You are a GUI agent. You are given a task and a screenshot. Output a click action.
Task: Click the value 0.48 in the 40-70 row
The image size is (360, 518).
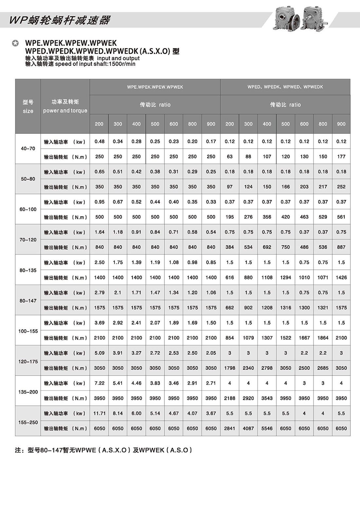[99, 141]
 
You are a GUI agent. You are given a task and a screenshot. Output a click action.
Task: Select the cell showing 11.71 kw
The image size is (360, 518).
[99, 413]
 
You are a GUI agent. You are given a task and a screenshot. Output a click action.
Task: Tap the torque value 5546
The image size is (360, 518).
[267, 428]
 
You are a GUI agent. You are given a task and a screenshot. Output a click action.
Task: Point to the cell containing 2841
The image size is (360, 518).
[229, 428]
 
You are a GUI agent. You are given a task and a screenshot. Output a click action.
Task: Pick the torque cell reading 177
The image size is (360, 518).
[341, 156]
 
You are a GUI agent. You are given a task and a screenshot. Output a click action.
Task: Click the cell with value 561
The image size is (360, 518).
[341, 217]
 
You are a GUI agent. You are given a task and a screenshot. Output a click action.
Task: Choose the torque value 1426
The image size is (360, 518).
[341, 277]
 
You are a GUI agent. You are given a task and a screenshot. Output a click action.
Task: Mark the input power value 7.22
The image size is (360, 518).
[99, 383]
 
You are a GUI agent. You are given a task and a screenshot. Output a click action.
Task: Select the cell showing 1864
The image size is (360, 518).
[323, 338]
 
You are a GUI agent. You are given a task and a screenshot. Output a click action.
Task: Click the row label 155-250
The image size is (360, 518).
[28, 422]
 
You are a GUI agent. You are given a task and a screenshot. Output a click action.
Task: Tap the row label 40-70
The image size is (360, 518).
[28, 149]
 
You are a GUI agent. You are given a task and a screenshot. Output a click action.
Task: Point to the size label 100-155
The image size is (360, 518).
[28, 331]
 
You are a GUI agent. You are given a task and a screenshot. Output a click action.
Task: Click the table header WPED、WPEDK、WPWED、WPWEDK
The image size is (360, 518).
[285, 87]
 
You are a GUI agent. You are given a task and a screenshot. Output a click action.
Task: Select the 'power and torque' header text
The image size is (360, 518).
[65, 111]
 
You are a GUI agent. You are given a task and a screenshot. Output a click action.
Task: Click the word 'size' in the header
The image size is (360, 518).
[28, 111]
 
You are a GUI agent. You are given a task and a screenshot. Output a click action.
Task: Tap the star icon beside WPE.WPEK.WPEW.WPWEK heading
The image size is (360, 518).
[15, 43]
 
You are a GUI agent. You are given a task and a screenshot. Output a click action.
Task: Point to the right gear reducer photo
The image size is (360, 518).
[313, 18]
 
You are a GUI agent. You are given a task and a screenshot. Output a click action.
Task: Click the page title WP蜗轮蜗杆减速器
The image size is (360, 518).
[60, 20]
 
